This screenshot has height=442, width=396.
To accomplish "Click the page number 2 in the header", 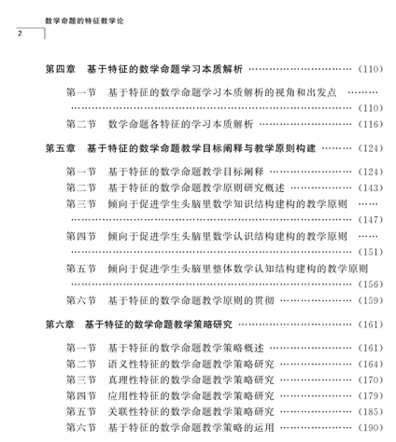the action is tap(20, 34).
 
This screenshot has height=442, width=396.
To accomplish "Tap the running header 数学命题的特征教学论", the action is tap(84, 21).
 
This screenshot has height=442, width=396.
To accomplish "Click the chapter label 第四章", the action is tap(61, 69).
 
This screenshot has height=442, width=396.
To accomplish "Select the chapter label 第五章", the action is tap(61, 148).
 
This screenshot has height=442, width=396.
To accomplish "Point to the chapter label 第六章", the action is tap(60, 325).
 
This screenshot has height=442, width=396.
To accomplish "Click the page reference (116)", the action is tap(371, 124).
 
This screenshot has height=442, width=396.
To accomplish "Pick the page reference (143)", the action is tap(371, 187).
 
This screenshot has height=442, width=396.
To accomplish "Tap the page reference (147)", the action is tap(371, 220).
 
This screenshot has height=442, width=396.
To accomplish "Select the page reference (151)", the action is tap(371, 252).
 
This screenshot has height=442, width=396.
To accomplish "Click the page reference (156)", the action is tap(371, 284).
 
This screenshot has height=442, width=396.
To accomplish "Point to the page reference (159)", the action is tap(371, 300).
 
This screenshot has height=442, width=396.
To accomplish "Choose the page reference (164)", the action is tap(371, 364).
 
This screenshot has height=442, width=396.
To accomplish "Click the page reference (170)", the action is tap(371, 380).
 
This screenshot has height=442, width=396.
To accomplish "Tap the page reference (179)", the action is tap(371, 395).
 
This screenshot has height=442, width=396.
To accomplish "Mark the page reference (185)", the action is tap(371, 411).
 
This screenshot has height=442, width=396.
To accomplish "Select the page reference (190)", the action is tap(371, 427).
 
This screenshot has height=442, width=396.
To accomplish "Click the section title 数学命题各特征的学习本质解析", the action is tap(180, 124).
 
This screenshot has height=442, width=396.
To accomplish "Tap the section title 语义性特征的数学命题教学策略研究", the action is tap(191, 364).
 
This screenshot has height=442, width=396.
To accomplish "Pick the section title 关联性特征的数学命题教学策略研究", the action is tap(191, 411).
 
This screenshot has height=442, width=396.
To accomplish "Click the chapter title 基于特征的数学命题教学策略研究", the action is tap(159, 325).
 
